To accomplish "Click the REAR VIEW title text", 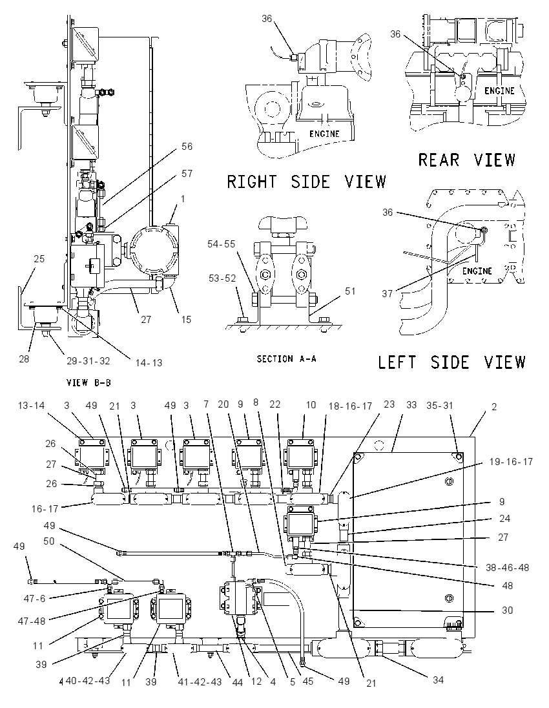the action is pyautogui.click(x=466, y=160).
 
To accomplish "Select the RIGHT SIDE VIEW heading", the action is pyautogui.click(x=306, y=182).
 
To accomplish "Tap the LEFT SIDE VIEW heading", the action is pyautogui.click(x=452, y=362).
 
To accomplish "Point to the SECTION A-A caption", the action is pyautogui.click(x=287, y=359).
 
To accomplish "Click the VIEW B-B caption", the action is pyautogui.click(x=88, y=383).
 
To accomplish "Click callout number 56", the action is pyautogui.click(x=187, y=146).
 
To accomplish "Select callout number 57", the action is pyautogui.click(x=187, y=173).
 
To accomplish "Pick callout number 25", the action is pyautogui.click(x=39, y=259).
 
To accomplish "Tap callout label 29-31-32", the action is pyautogui.click(x=88, y=360).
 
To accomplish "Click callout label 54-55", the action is pyautogui.click(x=222, y=244).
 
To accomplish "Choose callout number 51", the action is pyautogui.click(x=350, y=291).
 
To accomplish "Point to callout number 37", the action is pyautogui.click(x=388, y=293).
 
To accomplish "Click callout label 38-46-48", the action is pyautogui.click(x=507, y=567).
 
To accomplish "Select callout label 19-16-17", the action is pyautogui.click(x=511, y=461).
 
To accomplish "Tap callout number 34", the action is pyautogui.click(x=438, y=680).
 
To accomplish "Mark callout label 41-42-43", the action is pyautogui.click(x=200, y=682).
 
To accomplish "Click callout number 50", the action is pyautogui.click(x=49, y=541).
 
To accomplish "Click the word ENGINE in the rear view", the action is pyautogui.click(x=499, y=90).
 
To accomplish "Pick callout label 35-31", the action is pyautogui.click(x=439, y=406).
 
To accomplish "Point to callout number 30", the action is pyautogui.click(x=508, y=610).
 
